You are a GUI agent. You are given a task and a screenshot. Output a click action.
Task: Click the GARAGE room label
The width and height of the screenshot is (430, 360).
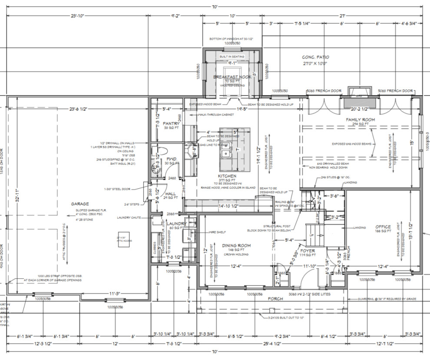[x=80, y=203]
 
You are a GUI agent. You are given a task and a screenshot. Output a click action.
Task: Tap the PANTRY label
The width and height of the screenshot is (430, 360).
[x=165, y=123]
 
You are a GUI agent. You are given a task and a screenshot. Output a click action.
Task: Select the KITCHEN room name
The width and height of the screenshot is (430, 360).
[x=227, y=177]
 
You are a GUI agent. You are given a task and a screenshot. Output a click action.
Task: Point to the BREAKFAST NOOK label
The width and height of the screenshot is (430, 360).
[x=232, y=77]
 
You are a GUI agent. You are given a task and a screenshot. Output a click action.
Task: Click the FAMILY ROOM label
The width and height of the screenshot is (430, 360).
[x=360, y=120]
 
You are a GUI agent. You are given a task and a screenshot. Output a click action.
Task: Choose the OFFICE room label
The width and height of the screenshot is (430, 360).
[x=383, y=227]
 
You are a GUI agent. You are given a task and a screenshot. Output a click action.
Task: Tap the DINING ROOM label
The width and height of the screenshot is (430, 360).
[x=236, y=246]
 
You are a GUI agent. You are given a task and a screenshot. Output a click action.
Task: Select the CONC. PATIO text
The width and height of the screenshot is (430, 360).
[x=315, y=57]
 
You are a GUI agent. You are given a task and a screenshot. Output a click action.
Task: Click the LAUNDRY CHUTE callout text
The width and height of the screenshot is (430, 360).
[x=129, y=217]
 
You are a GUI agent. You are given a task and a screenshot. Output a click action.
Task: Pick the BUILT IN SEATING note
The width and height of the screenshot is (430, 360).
[x=232, y=57]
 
